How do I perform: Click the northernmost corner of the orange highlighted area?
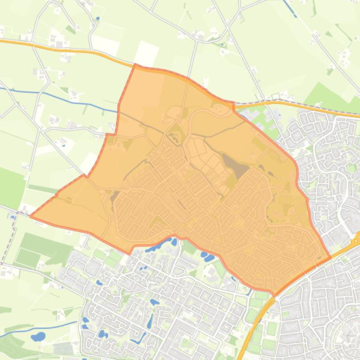click(x=135, y=65)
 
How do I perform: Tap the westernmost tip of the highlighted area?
click(x=31, y=216)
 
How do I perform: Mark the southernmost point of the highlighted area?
click(x=274, y=295)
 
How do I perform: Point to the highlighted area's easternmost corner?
click(x=331, y=257)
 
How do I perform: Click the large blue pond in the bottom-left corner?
click(x=38, y=336)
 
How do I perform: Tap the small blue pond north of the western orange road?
click(x=98, y=19)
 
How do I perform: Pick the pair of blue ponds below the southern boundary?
click(x=207, y=257)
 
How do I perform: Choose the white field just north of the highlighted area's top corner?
click(x=146, y=53)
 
